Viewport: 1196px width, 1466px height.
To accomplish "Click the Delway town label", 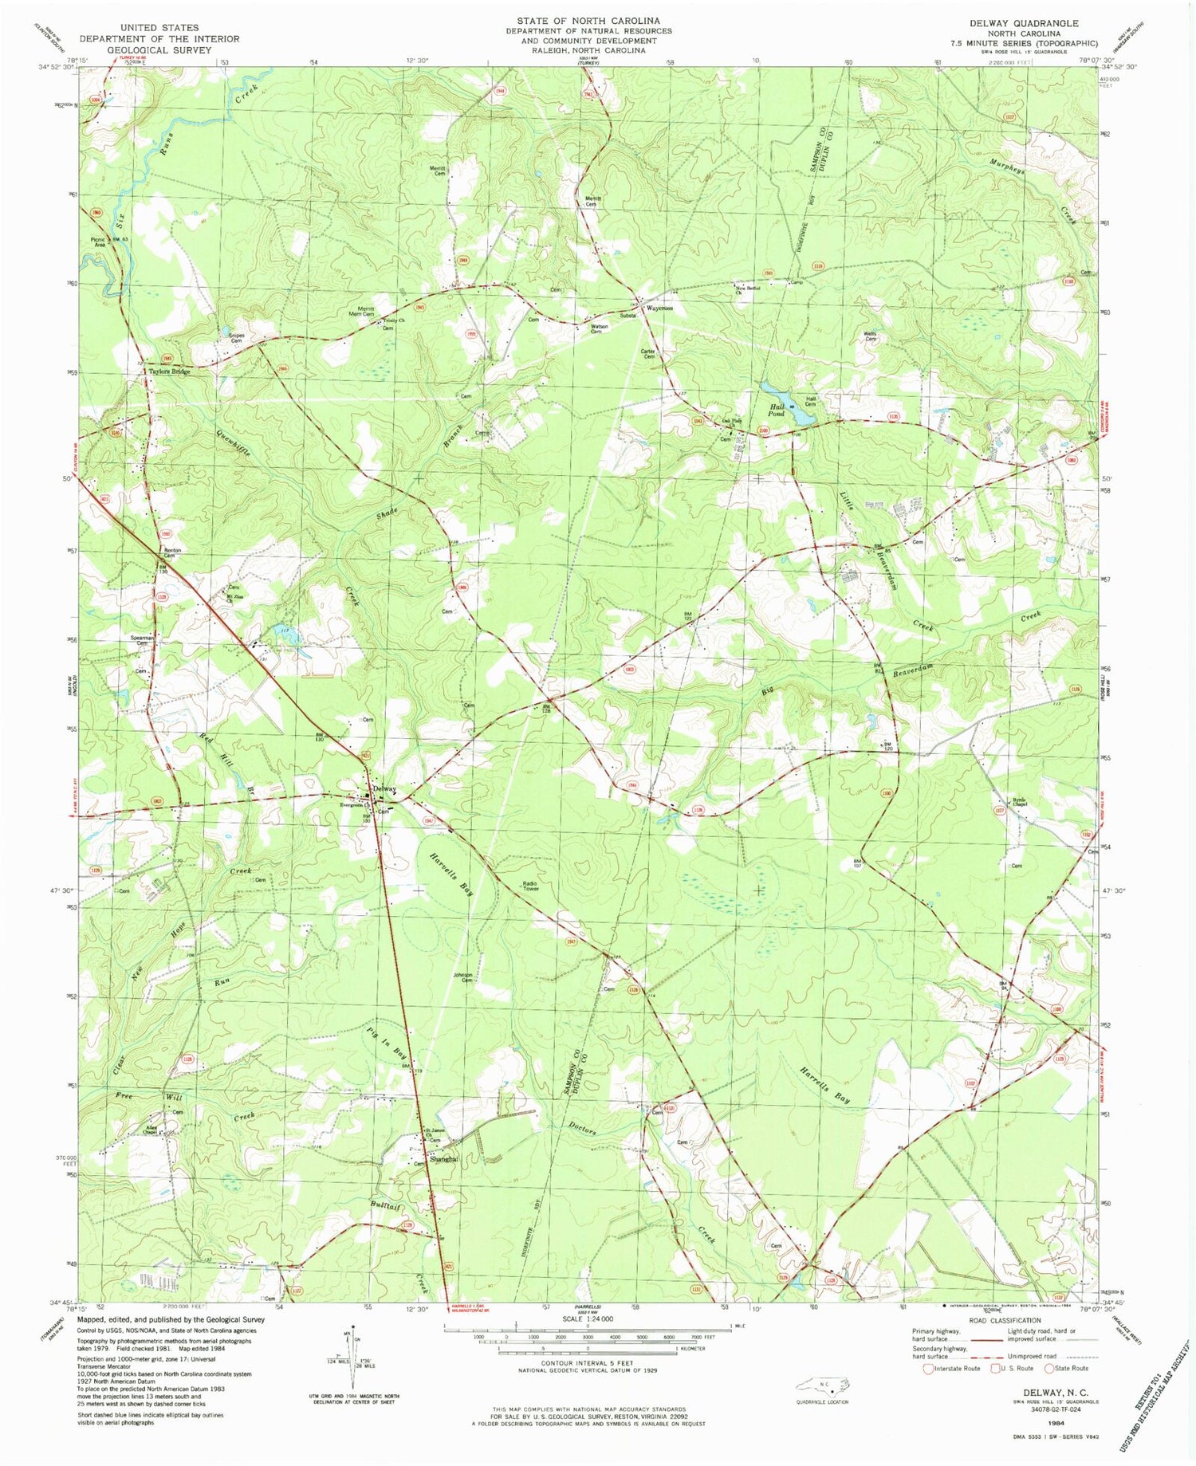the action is [385, 788].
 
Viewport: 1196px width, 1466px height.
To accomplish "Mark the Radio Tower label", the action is [531, 886].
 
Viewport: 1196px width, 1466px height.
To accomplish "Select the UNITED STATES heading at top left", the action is [159, 27].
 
